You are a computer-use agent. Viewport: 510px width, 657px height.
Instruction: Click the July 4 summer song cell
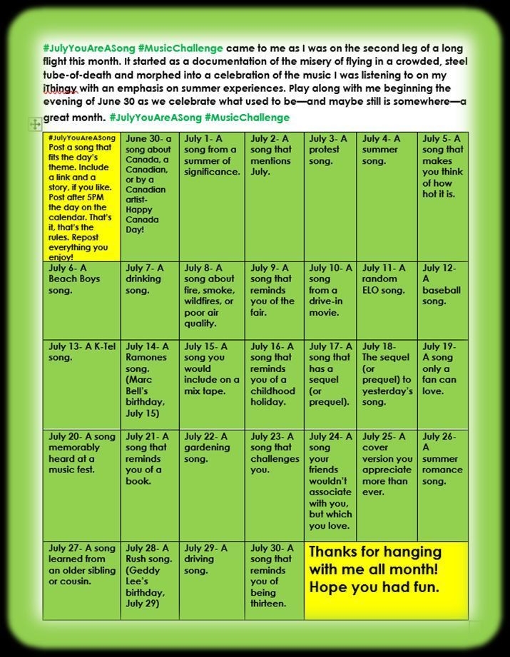[386, 195]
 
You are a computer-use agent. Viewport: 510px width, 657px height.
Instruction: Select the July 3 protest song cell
[330, 195]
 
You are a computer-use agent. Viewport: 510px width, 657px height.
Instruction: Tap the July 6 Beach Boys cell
[81, 299]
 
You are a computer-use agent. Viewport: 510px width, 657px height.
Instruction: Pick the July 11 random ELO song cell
[386, 299]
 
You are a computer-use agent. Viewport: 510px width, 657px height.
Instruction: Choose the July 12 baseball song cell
[442, 299]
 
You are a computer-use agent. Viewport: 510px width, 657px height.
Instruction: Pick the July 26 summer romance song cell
[442, 485]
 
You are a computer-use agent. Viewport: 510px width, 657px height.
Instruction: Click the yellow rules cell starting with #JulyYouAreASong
[81, 195]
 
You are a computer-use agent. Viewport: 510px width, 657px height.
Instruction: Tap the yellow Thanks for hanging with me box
[385, 579]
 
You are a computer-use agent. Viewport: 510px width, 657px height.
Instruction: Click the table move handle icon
[34, 125]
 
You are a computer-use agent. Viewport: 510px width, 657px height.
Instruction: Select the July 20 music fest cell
[81, 485]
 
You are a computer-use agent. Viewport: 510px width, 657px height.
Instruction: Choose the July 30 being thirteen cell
[274, 579]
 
